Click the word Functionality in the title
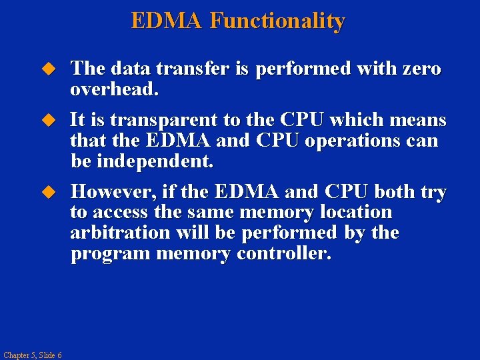click(277, 21)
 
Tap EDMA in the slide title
click(167, 21)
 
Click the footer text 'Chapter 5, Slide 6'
click(32, 355)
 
